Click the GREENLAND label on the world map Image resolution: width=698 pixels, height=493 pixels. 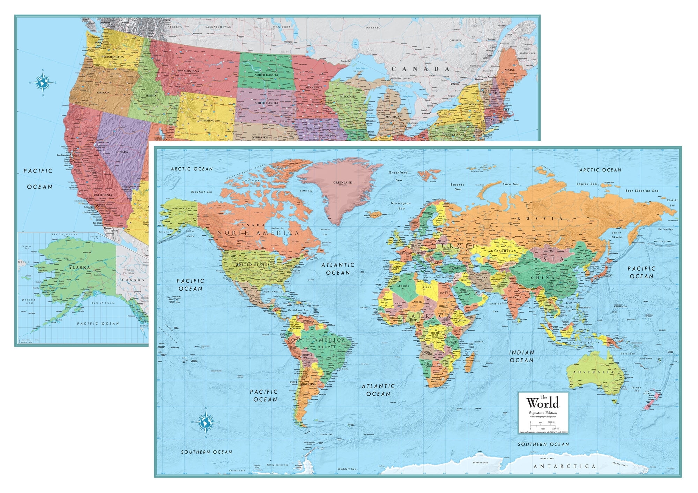click(x=343, y=182)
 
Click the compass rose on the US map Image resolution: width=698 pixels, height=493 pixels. click(x=43, y=83)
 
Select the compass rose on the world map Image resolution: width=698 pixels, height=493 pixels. click(x=206, y=422)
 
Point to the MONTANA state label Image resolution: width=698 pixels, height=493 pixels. click(x=191, y=71)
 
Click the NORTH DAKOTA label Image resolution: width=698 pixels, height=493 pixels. click(x=266, y=75)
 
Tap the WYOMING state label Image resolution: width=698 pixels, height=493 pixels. click(x=207, y=121)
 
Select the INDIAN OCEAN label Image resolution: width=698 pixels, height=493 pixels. click(x=521, y=356)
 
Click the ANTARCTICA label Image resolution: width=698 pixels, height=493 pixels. click(x=564, y=466)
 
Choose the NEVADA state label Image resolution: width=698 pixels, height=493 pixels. click(x=122, y=152)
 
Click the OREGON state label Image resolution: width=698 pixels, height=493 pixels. click(x=103, y=93)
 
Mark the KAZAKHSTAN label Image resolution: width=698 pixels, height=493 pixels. click(x=503, y=251)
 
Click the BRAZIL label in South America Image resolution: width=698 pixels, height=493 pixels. click(x=327, y=347)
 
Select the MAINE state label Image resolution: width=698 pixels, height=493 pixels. click(x=510, y=70)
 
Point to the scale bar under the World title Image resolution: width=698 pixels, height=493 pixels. click(x=543, y=426)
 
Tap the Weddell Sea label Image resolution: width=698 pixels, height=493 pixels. click(x=347, y=469)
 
